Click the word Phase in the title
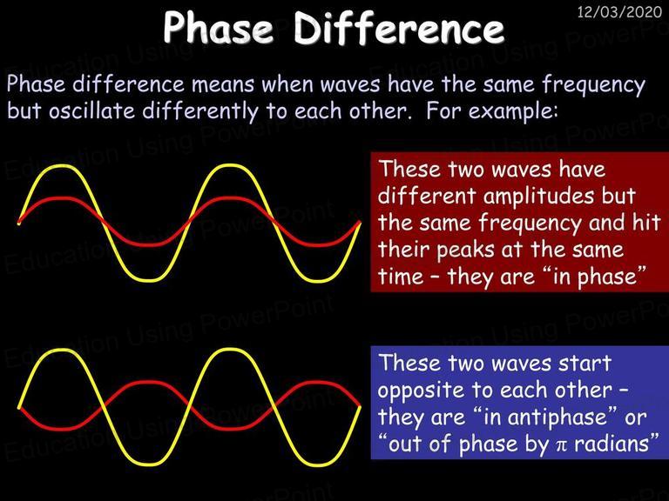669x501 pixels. coord(218,28)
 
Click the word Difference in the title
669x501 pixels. coord(399,28)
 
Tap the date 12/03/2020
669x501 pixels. coord(619,12)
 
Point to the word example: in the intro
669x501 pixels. coord(513,111)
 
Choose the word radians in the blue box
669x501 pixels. coord(611,444)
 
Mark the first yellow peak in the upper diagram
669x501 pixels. coord(63,166)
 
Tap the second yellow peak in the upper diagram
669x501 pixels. coord(230,166)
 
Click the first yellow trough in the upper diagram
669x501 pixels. coord(146,280)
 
